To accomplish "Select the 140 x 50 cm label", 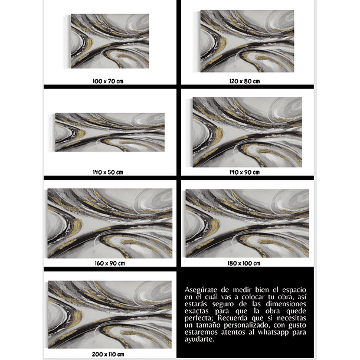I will pyautogui.click(x=108, y=172).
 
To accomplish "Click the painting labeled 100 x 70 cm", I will pyautogui.click(x=109, y=41).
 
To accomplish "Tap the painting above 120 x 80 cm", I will pyautogui.click(x=247, y=41).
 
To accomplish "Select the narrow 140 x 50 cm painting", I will pyautogui.click(x=110, y=132).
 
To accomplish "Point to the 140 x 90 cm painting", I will pyautogui.click(x=247, y=132).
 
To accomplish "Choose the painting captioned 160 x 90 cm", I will pyautogui.click(x=110, y=223).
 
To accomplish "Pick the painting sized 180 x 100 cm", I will pyautogui.click(x=247, y=223).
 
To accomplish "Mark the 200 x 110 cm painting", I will pyautogui.click(x=110, y=314).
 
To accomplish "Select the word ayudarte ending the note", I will pyautogui.click(x=200, y=339).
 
